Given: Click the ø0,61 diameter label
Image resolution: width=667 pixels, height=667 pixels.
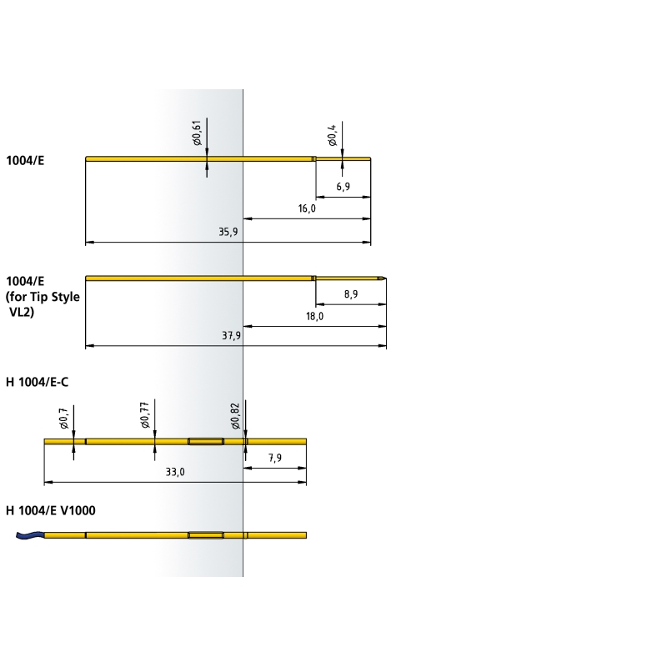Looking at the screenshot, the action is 198,133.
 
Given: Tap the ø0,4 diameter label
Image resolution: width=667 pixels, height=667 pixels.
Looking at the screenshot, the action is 333,135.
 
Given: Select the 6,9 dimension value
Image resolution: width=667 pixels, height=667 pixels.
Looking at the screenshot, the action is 343,186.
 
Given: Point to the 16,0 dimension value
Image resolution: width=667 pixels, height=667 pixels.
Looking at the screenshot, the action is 307,208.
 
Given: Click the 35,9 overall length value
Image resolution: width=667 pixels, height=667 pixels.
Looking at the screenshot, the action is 228,232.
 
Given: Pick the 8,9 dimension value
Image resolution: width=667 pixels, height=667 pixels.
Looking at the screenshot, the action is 351,294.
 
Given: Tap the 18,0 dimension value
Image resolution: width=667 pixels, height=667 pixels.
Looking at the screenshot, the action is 314,316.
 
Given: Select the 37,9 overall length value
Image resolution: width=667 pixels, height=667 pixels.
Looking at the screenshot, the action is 231,336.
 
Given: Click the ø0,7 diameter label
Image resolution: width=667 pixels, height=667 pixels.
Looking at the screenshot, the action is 64,419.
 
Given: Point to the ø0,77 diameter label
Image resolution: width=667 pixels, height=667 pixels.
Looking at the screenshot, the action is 145,414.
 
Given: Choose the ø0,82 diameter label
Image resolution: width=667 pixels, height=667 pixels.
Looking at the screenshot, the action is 236,416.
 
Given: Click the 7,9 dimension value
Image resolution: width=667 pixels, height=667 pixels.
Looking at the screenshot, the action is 275,458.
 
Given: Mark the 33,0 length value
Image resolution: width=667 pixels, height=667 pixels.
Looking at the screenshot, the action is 175,472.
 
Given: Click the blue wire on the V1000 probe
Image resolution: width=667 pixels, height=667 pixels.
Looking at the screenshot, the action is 30,535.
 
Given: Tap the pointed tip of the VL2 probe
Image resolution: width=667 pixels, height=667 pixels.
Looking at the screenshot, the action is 386,278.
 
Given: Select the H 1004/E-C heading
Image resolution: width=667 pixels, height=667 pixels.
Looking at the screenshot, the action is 37,382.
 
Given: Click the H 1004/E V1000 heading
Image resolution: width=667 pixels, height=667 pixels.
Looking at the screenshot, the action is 51,510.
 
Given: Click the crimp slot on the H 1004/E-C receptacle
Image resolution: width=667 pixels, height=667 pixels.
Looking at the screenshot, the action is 206,442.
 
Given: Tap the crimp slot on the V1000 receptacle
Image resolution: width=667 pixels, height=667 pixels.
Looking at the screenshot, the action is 206,535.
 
